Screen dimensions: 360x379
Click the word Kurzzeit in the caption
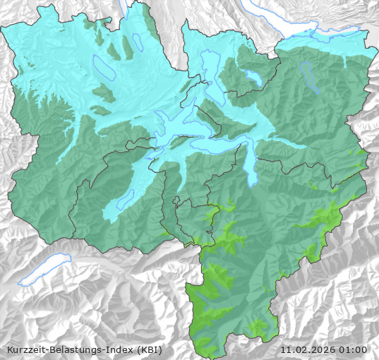pyautogui.click(x=25, y=349)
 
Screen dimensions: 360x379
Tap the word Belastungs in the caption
pyautogui.click(x=74, y=349)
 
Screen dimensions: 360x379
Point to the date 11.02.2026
pyautogui.click(x=307, y=349)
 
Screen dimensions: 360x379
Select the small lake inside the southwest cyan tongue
pyautogui.click(x=125, y=200)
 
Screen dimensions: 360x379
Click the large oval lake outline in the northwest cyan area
pyautogui.click(x=104, y=67)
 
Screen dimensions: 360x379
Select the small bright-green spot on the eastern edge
pyautogui.click(x=361, y=152)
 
